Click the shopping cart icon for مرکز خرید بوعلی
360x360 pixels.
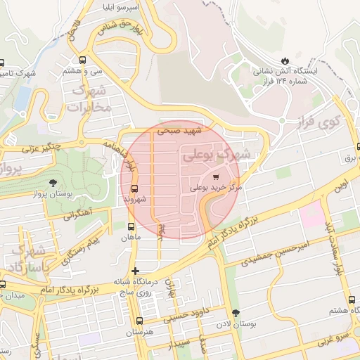pyautogui.click(x=215, y=176)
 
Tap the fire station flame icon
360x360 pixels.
pyautogui.click(x=285, y=60)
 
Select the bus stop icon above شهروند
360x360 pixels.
pyautogui.click(x=134, y=188)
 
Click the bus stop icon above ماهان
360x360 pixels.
pyautogui.click(x=130, y=226)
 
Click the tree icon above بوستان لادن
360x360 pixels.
pyautogui.click(x=234, y=313)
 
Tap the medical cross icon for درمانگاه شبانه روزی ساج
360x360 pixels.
pyautogui.click(x=135, y=270)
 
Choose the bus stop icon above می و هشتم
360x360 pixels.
pyautogui.click(x=83, y=60)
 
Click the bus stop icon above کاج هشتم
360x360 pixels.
pyautogui.click(x=353, y=299)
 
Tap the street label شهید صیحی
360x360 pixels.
pyautogui.click(x=179, y=131)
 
